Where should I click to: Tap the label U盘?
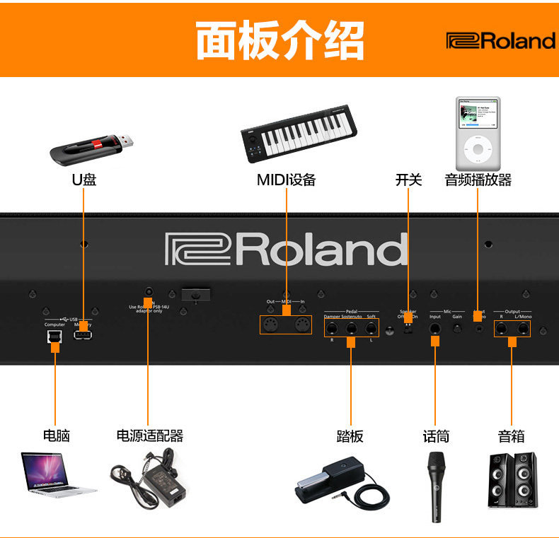(84, 180)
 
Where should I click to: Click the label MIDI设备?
(286, 180)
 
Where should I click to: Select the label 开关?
(408, 180)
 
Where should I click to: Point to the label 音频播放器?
(478, 180)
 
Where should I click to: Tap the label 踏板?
(350, 435)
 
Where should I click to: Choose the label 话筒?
(436, 435)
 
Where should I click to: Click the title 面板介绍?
(279, 40)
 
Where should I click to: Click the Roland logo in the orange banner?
(500, 41)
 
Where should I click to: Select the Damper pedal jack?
(331, 329)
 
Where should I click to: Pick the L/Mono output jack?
(524, 328)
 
